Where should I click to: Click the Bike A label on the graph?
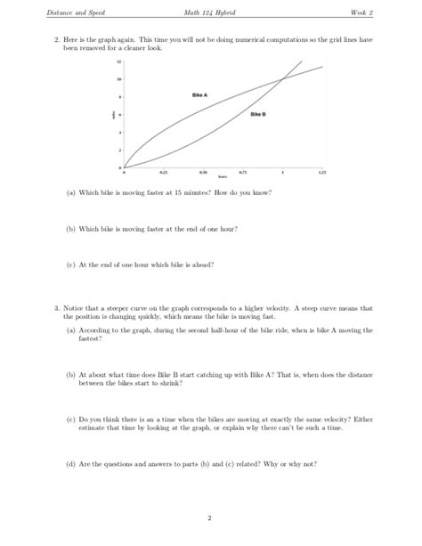199,94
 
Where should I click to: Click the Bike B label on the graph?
258,114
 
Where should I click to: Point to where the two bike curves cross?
281,80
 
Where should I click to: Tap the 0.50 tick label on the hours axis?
203,172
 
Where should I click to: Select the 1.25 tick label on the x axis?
322,172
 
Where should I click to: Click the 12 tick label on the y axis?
118,63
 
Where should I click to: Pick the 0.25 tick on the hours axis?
164,172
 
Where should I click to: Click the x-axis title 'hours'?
223,177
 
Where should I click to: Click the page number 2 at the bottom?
211,517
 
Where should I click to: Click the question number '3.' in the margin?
55,308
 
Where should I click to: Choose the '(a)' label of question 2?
71,192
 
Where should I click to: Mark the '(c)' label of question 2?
71,264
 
